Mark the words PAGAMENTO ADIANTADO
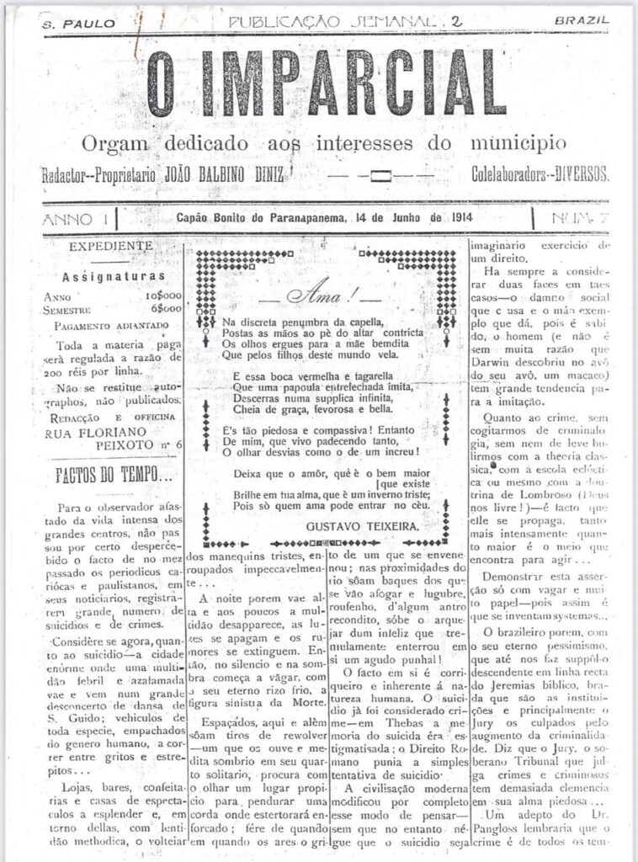[x=105, y=326]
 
